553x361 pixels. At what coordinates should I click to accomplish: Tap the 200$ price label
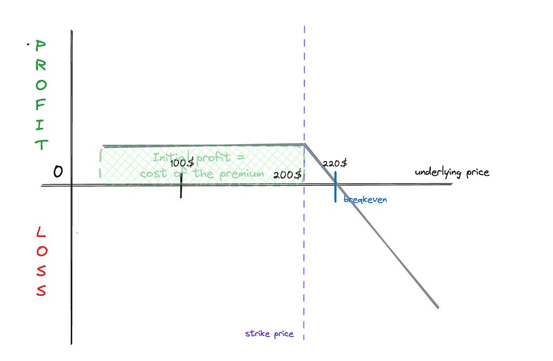287,175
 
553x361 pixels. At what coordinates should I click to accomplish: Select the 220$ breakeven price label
335,164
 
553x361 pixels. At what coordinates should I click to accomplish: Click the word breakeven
365,200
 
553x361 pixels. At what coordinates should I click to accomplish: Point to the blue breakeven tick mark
335,187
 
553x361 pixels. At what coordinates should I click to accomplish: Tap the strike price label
269,334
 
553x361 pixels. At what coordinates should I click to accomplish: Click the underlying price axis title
451,172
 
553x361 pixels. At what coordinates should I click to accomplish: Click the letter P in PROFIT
41,46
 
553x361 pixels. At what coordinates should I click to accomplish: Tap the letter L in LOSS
41,232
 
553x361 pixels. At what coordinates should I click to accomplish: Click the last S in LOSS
41,289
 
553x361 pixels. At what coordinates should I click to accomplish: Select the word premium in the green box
244,174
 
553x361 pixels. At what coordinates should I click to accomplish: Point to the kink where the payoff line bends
305,144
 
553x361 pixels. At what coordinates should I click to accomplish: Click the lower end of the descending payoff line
438,307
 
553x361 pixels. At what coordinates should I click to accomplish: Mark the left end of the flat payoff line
104,146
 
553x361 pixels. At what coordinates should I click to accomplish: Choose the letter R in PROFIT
41,66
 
